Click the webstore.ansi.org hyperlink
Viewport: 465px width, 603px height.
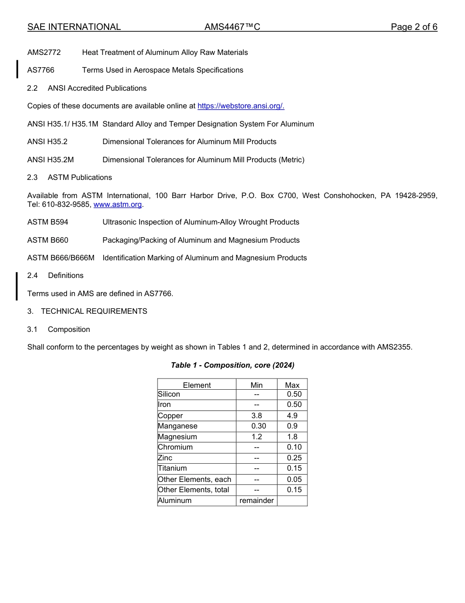tap(240, 106)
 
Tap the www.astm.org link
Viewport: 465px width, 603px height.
tap(117, 204)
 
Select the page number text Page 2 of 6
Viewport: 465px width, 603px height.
tap(414, 27)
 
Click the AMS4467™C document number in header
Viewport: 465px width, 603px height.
tap(232, 27)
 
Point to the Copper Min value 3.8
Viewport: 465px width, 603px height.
tap(256, 416)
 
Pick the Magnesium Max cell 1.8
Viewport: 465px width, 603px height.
tap(292, 437)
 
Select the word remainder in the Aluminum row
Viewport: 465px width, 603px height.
tap(256, 501)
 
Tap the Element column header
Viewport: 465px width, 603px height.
tap(197, 385)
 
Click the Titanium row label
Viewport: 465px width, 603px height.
tap(172, 468)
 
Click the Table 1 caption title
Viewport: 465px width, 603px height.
tap(232, 365)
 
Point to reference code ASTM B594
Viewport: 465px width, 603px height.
tap(48, 222)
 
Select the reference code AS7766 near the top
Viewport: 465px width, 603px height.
tap(41, 70)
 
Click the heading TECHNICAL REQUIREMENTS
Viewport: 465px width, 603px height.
tap(94, 311)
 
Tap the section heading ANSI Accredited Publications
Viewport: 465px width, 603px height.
tap(97, 88)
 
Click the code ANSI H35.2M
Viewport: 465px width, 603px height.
tap(50, 160)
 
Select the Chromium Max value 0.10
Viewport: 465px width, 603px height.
tap(294, 447)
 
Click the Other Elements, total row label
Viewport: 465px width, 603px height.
tap(193, 490)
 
